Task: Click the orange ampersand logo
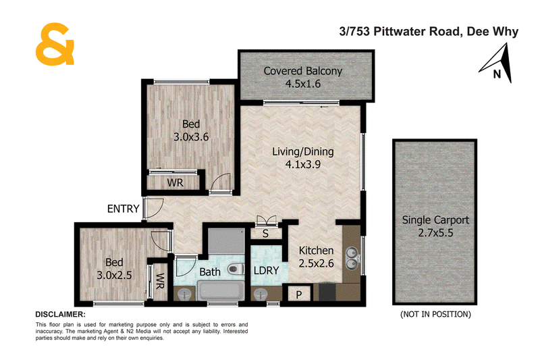[55, 44]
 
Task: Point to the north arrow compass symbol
[497, 63]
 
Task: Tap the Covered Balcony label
[302, 71]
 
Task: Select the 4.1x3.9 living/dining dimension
[302, 164]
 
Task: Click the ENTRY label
[124, 209]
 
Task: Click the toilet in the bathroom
[236, 269]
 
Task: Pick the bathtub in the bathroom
[221, 290]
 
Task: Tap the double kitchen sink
[352, 258]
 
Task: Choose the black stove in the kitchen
[327, 292]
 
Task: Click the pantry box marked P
[298, 294]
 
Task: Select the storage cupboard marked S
[265, 234]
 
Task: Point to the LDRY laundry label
[266, 270]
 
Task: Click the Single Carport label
[435, 220]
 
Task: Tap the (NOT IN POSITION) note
[435, 314]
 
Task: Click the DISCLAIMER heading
[60, 314]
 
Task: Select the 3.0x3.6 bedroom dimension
[191, 137]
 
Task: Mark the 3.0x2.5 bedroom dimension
[114, 276]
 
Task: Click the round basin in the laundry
[261, 294]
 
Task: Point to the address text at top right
[429, 32]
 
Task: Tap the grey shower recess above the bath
[226, 241]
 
